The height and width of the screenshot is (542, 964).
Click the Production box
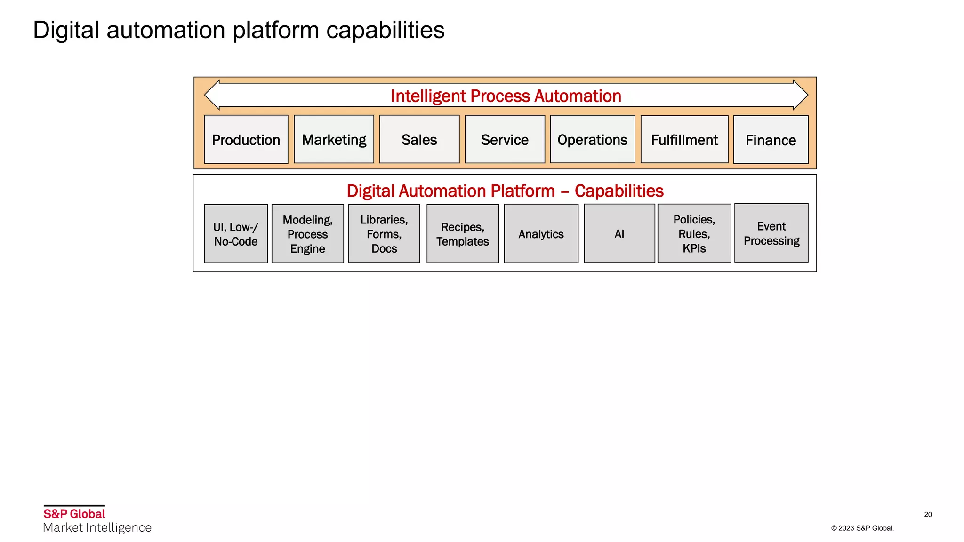[x=246, y=139]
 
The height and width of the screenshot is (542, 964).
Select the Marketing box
[x=334, y=139]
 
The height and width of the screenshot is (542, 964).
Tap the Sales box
[x=419, y=139]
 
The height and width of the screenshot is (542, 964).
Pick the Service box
[x=505, y=139]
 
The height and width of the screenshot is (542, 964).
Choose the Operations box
[x=592, y=139]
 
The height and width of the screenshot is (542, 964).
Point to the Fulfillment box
[x=684, y=139]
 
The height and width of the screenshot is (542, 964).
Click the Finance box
[x=771, y=140]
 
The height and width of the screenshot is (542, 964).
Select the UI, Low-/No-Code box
[x=236, y=233]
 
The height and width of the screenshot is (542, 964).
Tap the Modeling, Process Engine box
[x=307, y=233]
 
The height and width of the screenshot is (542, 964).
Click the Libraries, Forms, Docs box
[x=384, y=233]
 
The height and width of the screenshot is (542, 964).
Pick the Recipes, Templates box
[x=462, y=233]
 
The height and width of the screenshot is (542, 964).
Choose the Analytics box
[x=541, y=233]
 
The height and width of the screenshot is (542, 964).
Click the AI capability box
[x=619, y=233]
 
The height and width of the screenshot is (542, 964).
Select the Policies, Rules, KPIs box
[x=694, y=233]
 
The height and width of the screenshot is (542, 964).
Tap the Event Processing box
[x=771, y=233]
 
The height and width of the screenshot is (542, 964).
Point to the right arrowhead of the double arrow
[x=800, y=95]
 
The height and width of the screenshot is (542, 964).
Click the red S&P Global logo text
[x=74, y=513]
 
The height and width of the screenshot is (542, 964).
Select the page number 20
[x=928, y=514]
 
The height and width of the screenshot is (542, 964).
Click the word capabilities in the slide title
[x=385, y=30]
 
